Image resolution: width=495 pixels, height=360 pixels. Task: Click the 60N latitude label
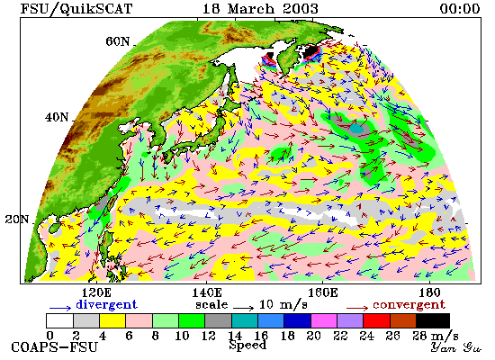[x=117, y=41]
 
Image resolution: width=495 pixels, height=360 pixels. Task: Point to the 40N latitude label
[x=57, y=118]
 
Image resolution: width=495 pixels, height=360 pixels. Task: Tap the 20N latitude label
[x=17, y=220]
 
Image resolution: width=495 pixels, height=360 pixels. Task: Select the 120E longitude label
[x=96, y=292]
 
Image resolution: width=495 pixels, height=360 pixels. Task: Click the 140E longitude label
[x=207, y=292]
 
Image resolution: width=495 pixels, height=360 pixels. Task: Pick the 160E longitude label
[x=322, y=292]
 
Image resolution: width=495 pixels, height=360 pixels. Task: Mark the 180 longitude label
[x=429, y=292]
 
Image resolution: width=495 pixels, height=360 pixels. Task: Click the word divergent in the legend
[x=106, y=304]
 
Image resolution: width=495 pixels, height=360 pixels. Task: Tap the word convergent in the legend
[x=409, y=304]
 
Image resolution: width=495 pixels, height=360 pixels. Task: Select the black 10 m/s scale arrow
[x=244, y=307]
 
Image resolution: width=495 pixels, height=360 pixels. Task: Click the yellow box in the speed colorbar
[x=112, y=320]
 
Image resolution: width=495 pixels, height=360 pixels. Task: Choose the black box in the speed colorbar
[x=433, y=320]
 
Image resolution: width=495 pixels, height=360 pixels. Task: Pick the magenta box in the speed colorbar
[x=324, y=320]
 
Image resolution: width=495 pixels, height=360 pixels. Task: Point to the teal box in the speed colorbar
[x=245, y=320]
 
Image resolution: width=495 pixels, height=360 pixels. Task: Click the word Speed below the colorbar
[x=247, y=345]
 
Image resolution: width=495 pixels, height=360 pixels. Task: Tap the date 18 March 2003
[x=260, y=8]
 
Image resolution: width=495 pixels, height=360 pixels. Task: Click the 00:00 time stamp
[x=460, y=8]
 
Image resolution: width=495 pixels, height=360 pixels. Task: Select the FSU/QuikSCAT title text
[x=76, y=9]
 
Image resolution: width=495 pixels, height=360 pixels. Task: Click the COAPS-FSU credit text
[x=54, y=347]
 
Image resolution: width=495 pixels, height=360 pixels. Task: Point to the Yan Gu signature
[x=456, y=347]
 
